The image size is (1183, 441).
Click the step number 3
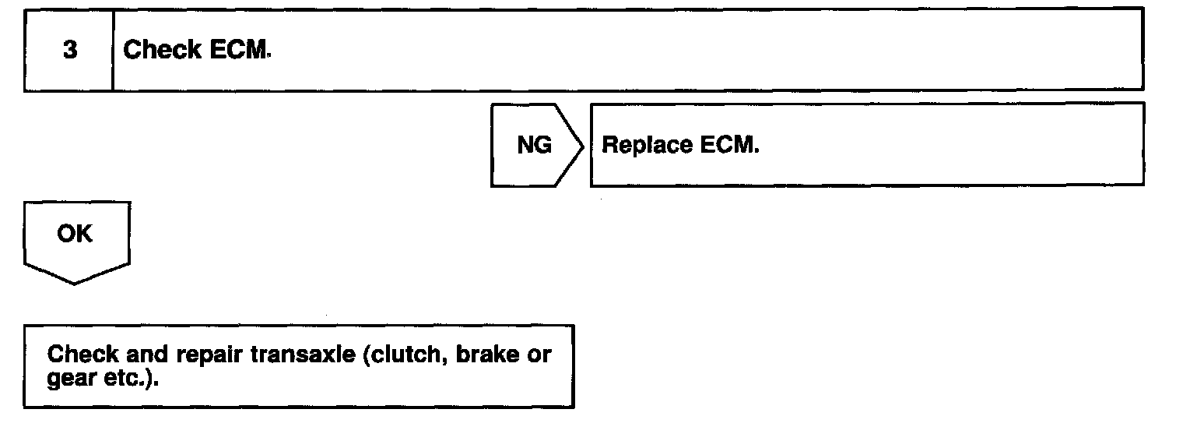(69, 51)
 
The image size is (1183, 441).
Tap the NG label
(534, 146)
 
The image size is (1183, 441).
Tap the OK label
(75, 235)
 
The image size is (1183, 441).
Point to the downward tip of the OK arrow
(75, 283)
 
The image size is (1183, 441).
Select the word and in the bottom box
(146, 355)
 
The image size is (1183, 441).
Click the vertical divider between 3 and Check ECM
(113, 51)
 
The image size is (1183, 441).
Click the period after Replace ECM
(756, 151)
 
